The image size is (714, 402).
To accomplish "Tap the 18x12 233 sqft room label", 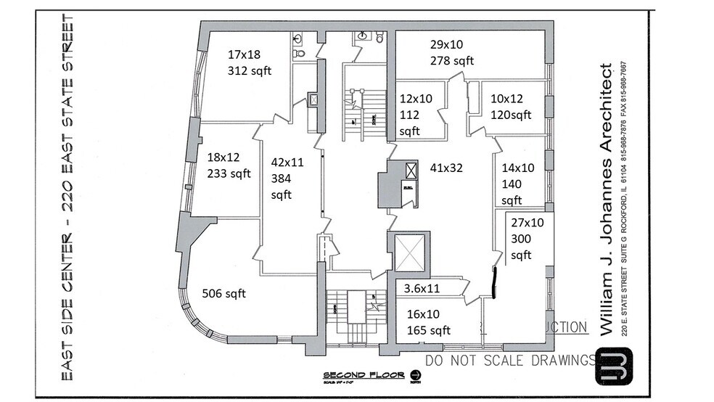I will click(x=229, y=165).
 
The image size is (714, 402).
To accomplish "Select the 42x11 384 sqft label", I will click(x=287, y=179).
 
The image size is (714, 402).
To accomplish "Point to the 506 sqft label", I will click(x=224, y=293).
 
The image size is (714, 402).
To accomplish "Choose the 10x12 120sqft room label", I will click(x=511, y=107).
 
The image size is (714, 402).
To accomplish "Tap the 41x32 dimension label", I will click(x=446, y=168).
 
